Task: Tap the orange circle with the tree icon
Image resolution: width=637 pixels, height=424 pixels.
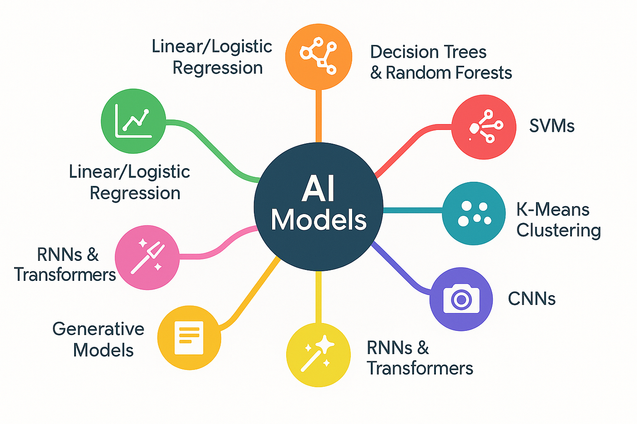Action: click(318, 56)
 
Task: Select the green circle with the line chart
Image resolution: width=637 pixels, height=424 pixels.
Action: click(133, 121)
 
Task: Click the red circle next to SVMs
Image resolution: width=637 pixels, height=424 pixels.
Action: click(484, 127)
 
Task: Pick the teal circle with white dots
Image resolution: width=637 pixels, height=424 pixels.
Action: click(474, 213)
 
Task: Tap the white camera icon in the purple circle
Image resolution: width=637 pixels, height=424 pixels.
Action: click(461, 299)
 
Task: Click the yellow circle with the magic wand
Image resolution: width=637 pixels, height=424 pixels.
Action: click(318, 354)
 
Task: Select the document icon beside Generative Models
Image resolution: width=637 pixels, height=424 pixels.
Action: click(189, 338)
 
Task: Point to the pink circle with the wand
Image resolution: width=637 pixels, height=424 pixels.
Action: click(147, 257)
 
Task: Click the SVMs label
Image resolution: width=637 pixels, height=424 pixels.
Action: click(552, 125)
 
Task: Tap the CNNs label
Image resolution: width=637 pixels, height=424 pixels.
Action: click(531, 299)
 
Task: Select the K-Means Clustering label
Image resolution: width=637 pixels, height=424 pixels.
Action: click(558, 219)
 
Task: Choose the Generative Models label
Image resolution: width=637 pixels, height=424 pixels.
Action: click(99, 339)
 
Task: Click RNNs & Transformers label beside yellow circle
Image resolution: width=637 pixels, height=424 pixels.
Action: click(420, 358)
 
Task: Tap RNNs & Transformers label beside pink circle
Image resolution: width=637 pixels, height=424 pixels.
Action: click(65, 264)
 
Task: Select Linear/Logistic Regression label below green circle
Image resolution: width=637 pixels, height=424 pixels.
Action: click(130, 182)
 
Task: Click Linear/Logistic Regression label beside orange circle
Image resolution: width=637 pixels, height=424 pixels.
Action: click(212, 57)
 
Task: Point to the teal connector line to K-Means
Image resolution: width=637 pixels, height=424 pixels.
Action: click(412, 210)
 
